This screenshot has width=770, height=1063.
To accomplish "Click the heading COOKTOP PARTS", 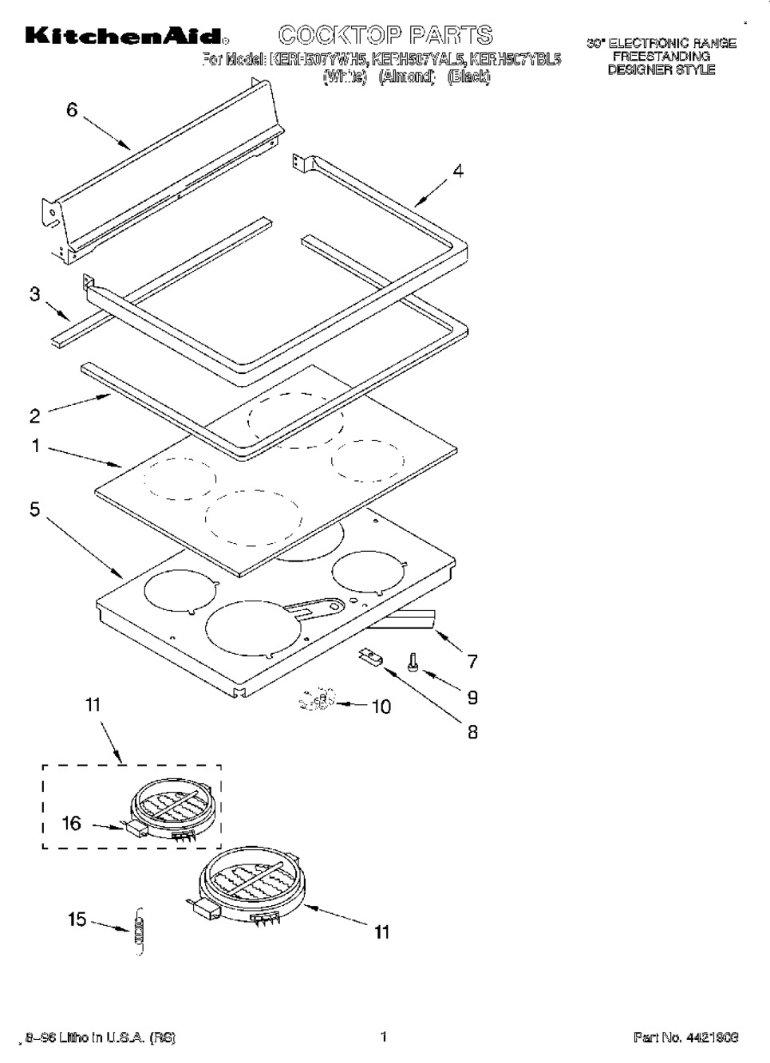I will tap(386, 35).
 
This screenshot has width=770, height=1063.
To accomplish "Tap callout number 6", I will tap(72, 110).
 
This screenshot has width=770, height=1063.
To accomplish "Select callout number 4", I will tap(458, 171).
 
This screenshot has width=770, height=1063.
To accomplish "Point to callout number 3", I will tap(34, 294).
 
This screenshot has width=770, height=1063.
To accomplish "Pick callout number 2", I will tap(34, 415).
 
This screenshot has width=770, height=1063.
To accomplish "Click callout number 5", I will tap(34, 509).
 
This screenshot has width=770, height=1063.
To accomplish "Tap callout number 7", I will tap(472, 660).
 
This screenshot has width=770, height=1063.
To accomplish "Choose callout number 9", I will tap(472, 697).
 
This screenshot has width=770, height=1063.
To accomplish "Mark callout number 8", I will tap(472, 731).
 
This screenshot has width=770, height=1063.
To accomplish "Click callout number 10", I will tap(381, 707).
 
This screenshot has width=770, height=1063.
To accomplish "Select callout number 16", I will tap(72, 822).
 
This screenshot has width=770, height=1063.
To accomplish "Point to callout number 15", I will tap(77, 919).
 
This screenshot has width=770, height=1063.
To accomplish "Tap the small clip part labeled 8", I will tap(370, 656).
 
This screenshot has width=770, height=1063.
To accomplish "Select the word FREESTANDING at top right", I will tap(661, 57).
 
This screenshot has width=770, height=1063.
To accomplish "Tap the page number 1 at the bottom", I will tap(384, 1037).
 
